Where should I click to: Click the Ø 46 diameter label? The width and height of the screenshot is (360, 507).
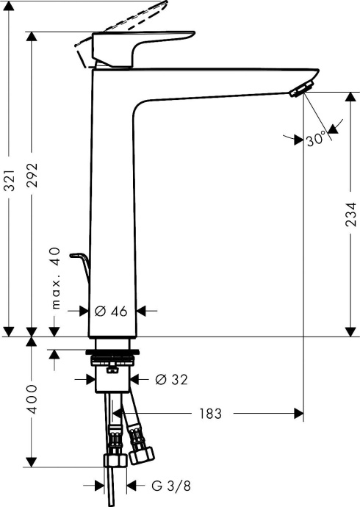pyautogui.click(x=112, y=311)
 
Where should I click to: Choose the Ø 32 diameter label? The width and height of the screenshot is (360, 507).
pyautogui.click(x=171, y=379)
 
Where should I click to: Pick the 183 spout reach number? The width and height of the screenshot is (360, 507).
pyautogui.click(x=209, y=414)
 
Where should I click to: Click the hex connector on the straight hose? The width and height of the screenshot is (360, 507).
pyautogui.click(x=114, y=461)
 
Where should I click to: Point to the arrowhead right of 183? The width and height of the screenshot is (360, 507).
pyautogui.click(x=298, y=414)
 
